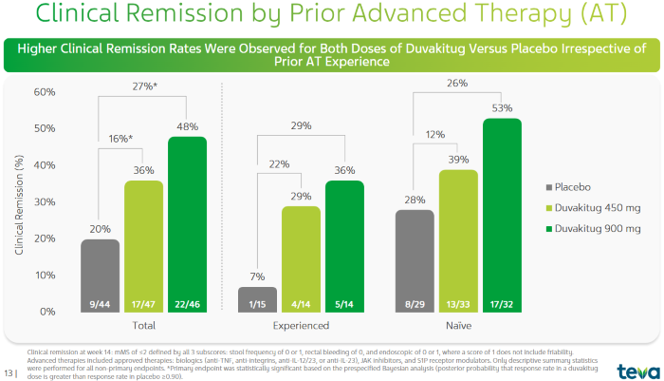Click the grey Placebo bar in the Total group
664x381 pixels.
click(x=100, y=276)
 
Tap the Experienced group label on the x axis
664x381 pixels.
click(x=302, y=326)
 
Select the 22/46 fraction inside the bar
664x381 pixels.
click(x=187, y=304)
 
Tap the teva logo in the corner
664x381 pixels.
click(x=633, y=369)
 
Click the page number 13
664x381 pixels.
click(x=10, y=370)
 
